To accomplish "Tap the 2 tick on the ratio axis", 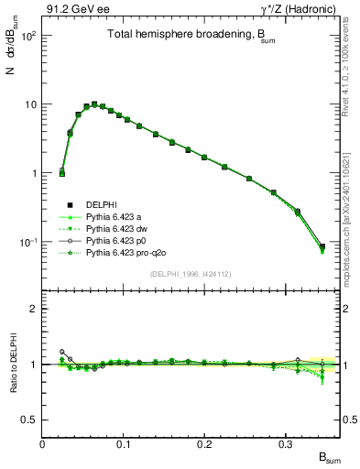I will (35, 309).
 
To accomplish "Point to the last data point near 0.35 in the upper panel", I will (322, 246).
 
